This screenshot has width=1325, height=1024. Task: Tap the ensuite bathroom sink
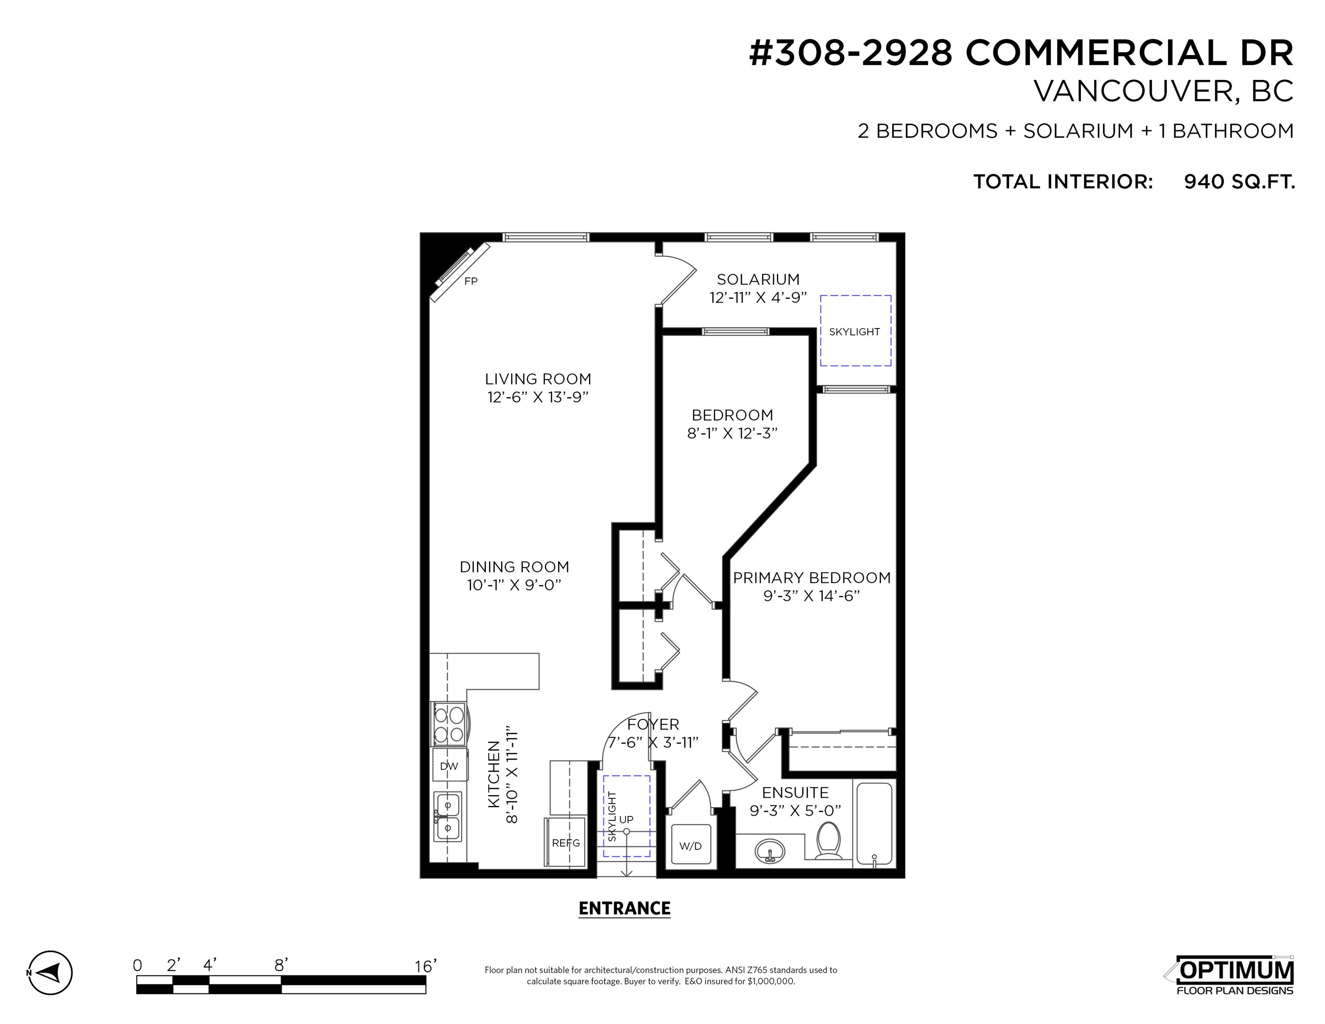point(770,852)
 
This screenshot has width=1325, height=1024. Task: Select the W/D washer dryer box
point(690,845)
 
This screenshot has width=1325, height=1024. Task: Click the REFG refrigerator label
point(566,843)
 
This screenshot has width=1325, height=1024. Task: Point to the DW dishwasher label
point(449,766)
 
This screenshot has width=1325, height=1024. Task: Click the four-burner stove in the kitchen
point(449,724)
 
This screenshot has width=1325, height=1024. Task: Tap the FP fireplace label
point(471,281)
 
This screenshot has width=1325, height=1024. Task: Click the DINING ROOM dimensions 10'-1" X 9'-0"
point(514,585)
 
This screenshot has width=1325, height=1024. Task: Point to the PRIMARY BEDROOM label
point(812,577)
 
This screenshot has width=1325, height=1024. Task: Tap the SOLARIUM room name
point(758,280)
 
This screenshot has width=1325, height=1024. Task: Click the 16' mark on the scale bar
point(426,965)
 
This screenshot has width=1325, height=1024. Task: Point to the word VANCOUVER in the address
point(1129,91)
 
